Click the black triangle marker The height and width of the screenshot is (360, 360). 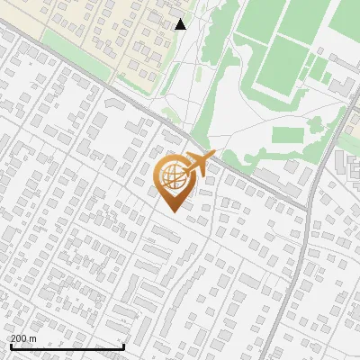(181, 24)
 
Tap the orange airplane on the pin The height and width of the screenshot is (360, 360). (199, 164)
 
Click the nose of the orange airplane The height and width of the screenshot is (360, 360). (214, 155)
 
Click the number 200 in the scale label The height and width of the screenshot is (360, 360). (19, 338)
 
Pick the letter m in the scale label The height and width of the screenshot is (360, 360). (33, 338)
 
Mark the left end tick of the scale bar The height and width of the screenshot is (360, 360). (10, 346)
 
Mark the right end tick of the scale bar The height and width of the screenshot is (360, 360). (123, 346)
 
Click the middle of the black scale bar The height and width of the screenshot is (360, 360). (67, 346)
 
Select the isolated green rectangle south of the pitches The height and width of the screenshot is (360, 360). (289, 136)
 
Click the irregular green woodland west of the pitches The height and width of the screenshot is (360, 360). (216, 90)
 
